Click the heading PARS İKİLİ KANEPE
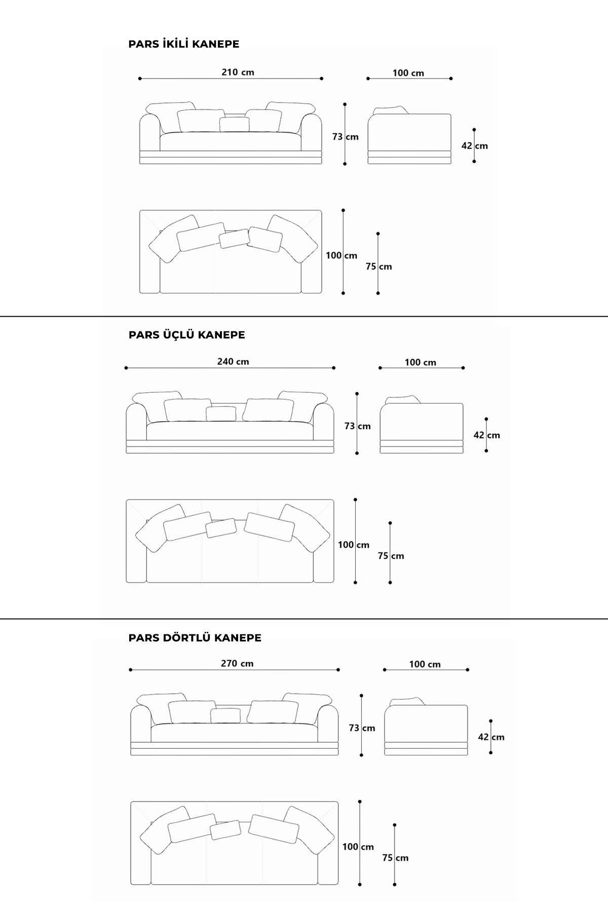[183, 44]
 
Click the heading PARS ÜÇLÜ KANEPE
[186, 334]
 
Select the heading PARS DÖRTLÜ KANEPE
[195, 637]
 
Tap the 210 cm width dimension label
[238, 72]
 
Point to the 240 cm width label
[233, 361]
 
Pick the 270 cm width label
[237, 663]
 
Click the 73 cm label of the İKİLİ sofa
[345, 137]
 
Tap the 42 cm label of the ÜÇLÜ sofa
[486, 435]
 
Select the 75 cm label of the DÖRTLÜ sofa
[395, 858]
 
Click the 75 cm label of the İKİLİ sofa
[378, 267]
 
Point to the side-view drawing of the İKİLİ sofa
[409, 135]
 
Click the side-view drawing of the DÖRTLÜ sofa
[426, 726]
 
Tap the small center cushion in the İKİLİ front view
[235, 124]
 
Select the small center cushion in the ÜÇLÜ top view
[221, 528]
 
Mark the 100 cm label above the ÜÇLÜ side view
[420, 362]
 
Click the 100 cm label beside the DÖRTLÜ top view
[358, 847]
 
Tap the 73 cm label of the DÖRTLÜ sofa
[362, 728]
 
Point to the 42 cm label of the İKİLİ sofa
[474, 146]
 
